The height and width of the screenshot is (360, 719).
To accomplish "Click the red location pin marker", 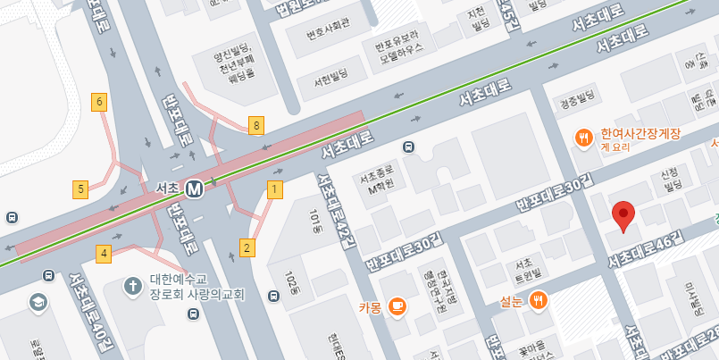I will click(x=623, y=215).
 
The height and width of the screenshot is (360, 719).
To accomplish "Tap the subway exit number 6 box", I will click(x=100, y=101).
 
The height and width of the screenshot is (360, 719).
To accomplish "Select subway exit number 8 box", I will click(x=256, y=126).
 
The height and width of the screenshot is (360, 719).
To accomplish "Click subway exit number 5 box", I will click(x=81, y=188).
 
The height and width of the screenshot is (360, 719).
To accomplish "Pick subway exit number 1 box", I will click(x=274, y=188).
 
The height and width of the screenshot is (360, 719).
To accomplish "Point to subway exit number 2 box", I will click(x=247, y=247).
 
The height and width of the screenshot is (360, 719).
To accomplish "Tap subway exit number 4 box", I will click(x=105, y=254).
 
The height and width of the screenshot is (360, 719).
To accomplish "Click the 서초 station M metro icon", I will click(x=195, y=188).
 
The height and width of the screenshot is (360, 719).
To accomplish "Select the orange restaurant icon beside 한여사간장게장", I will click(x=583, y=137).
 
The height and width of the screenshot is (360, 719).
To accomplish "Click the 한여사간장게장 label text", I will click(x=640, y=134).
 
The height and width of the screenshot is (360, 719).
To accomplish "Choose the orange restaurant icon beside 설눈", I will click(x=537, y=300).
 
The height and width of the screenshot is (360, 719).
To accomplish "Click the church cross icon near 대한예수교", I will click(x=132, y=286).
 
